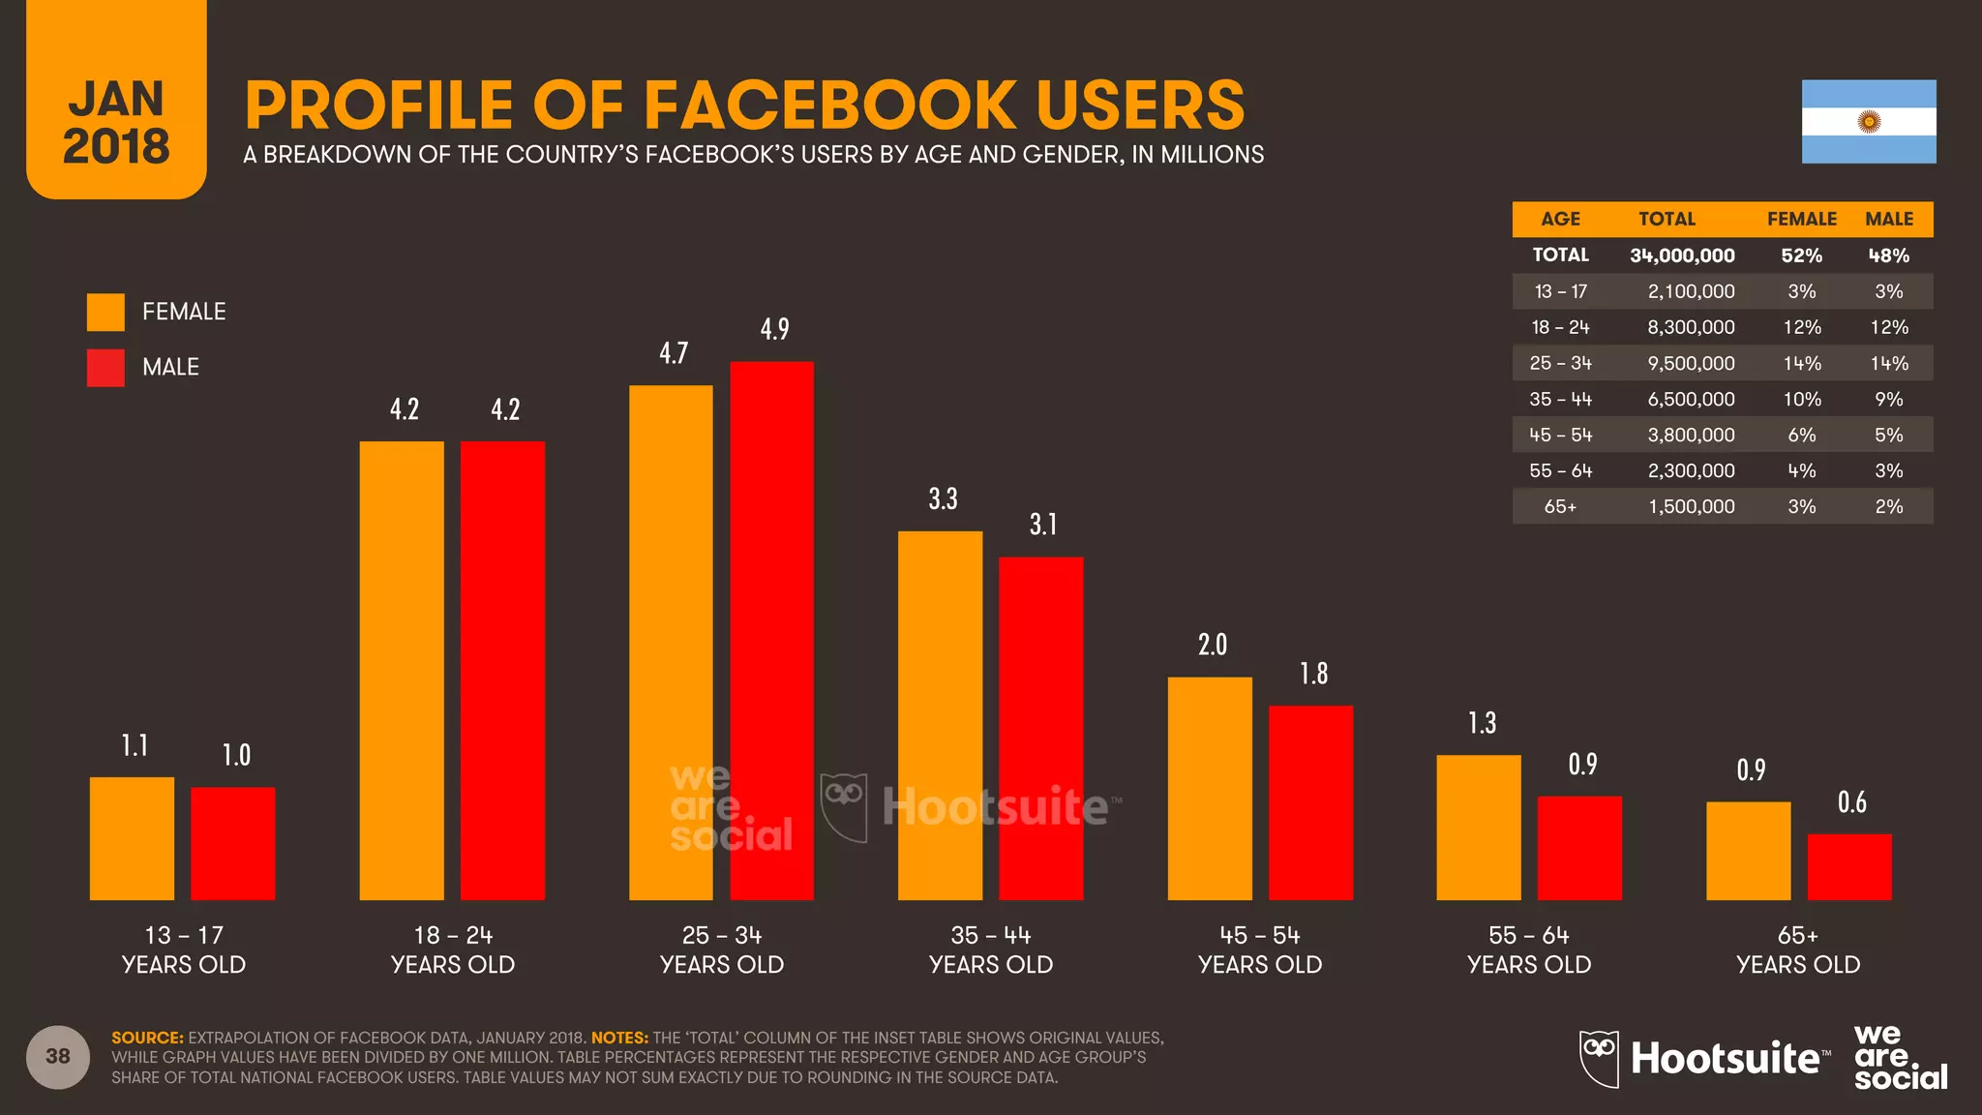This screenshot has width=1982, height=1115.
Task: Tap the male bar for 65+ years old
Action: coord(1848,867)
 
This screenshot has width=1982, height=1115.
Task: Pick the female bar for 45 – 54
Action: coord(1210,789)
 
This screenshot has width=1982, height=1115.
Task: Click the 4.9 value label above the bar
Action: coord(774,329)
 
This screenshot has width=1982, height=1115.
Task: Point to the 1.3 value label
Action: coord(1482,723)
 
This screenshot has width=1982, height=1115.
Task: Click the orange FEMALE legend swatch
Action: coord(105,312)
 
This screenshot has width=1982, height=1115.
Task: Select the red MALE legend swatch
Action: coord(105,368)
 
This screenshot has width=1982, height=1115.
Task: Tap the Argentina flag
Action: coord(1868,121)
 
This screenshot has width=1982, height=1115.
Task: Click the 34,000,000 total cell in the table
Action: coord(1682,256)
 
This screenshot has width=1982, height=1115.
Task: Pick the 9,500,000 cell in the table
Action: coord(1691,363)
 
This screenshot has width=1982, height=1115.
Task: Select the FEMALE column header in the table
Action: coord(1801,219)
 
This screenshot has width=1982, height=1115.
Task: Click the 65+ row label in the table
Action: coord(1560,506)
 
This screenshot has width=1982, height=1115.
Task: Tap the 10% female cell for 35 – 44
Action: coord(1801,399)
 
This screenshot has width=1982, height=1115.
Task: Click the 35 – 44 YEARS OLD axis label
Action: coord(990,949)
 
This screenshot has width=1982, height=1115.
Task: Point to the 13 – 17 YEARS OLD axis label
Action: coord(184,949)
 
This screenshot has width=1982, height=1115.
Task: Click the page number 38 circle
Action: coord(58,1056)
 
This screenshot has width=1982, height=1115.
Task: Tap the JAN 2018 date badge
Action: coord(116,121)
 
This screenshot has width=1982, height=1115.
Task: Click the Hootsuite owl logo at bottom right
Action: coord(1599,1058)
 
